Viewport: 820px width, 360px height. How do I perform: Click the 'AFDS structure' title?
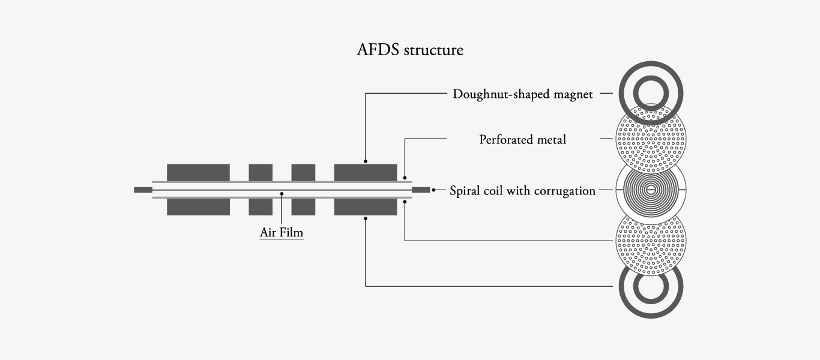point(410,50)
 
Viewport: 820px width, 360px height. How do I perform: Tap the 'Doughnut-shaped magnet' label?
point(522,94)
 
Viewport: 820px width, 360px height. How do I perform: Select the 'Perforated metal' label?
point(522,140)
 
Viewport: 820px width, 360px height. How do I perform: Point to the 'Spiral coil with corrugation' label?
point(522,191)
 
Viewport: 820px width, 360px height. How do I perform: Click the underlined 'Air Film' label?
point(282,232)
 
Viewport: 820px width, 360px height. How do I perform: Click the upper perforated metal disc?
point(651,140)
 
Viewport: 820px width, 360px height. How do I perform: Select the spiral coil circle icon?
point(651,190)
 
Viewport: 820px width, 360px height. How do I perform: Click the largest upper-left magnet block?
point(198,172)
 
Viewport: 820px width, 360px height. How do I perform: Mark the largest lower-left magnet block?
point(198,207)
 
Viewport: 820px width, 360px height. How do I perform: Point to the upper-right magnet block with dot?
point(366,172)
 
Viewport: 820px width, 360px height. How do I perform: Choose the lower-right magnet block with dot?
point(366,207)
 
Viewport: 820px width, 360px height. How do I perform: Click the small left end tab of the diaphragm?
point(143,190)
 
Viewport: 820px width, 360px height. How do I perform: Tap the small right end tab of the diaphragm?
point(421,190)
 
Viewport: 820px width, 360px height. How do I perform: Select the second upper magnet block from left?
point(261,172)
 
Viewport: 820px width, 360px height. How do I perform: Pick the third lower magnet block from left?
point(303,207)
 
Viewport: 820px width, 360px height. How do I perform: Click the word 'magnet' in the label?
point(573,94)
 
